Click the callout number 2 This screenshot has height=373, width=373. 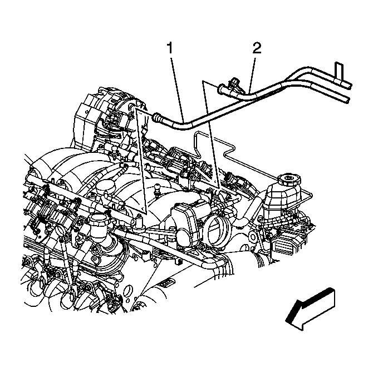point(257,48)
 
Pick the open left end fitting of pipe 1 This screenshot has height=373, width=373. point(158,116)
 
